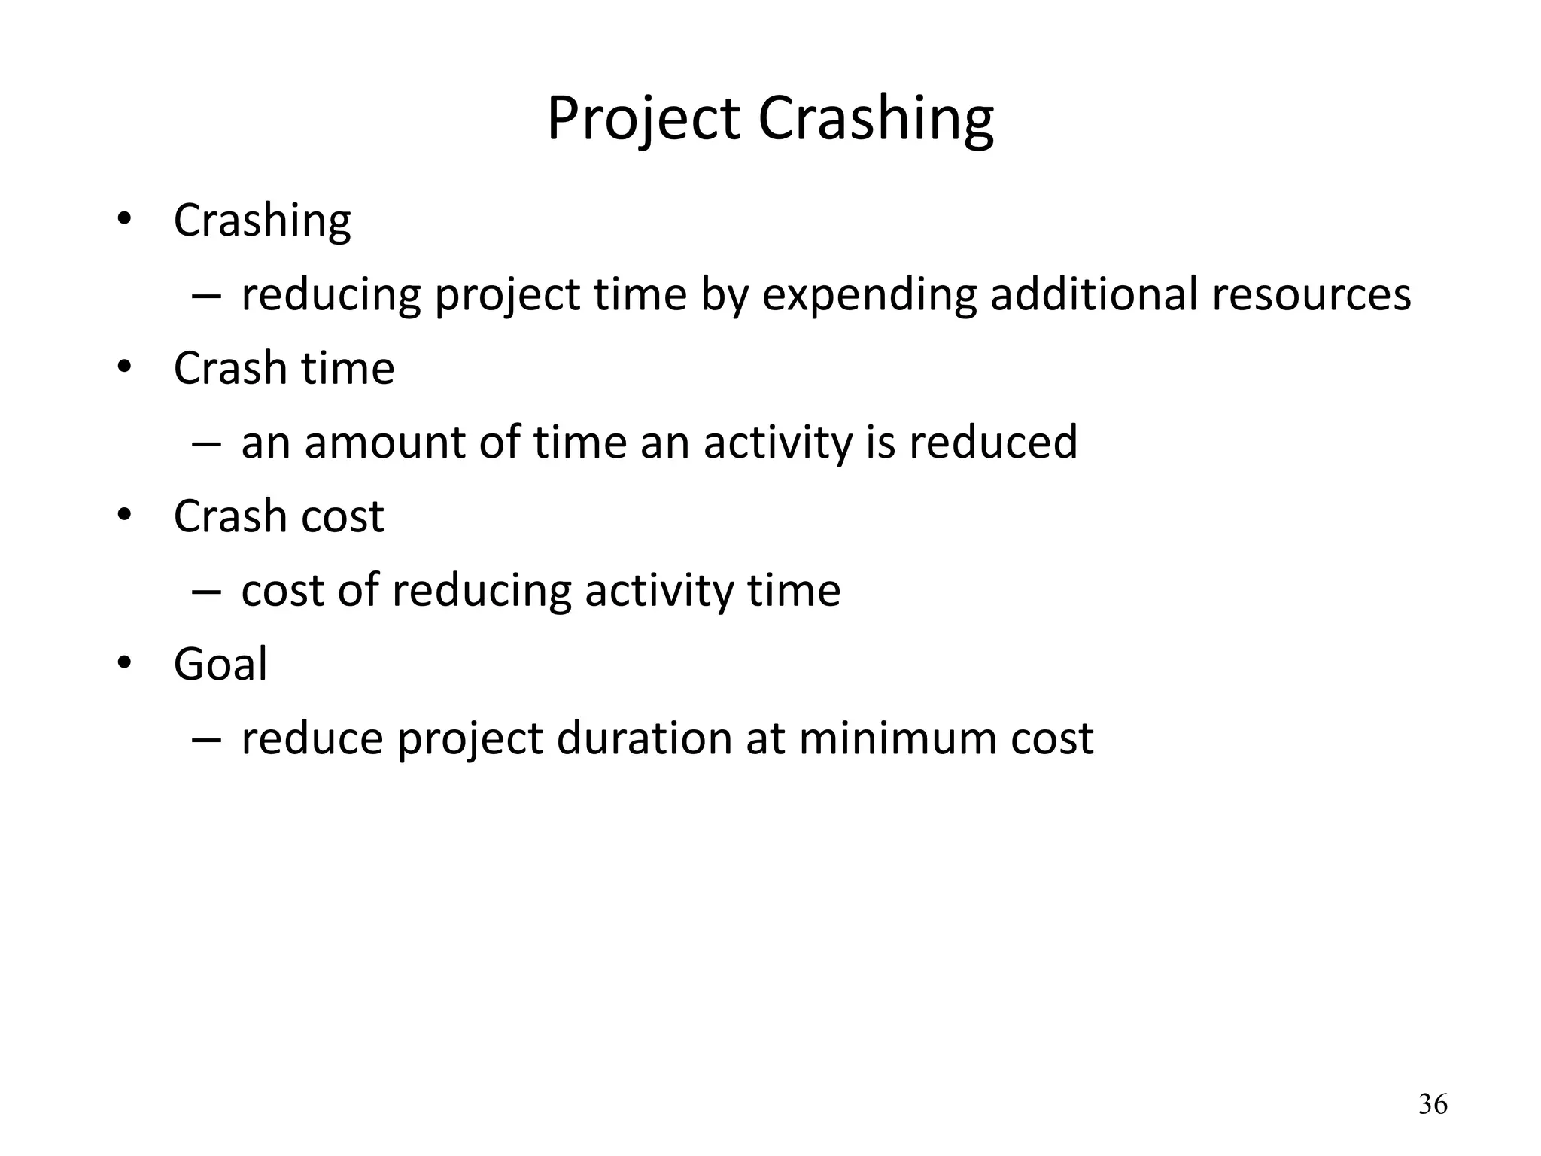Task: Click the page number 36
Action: [x=1432, y=1104]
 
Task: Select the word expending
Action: [x=869, y=294]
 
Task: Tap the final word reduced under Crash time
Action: [x=993, y=442]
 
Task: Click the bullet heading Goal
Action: [x=220, y=664]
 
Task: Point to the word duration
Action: [x=644, y=738]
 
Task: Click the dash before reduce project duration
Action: [x=206, y=738]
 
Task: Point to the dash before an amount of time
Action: [x=206, y=442]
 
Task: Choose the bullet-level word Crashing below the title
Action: [x=262, y=221]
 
